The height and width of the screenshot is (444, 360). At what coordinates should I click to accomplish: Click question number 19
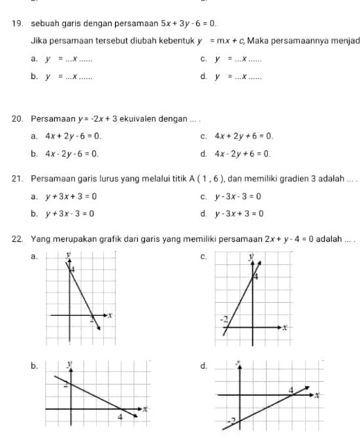tap(16, 24)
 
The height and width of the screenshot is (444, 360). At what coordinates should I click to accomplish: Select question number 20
tap(16, 119)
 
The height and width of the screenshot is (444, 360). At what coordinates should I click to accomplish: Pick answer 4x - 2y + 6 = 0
tap(242, 154)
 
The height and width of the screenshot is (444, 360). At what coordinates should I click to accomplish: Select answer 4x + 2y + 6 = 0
tap(244, 137)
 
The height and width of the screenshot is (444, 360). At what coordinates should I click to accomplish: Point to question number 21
tap(16, 178)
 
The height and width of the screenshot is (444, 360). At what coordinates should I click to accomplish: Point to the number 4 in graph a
tap(73, 269)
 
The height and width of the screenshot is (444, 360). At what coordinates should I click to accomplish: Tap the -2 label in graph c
tap(224, 320)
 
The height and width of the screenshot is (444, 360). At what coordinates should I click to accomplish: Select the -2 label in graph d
tap(231, 419)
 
